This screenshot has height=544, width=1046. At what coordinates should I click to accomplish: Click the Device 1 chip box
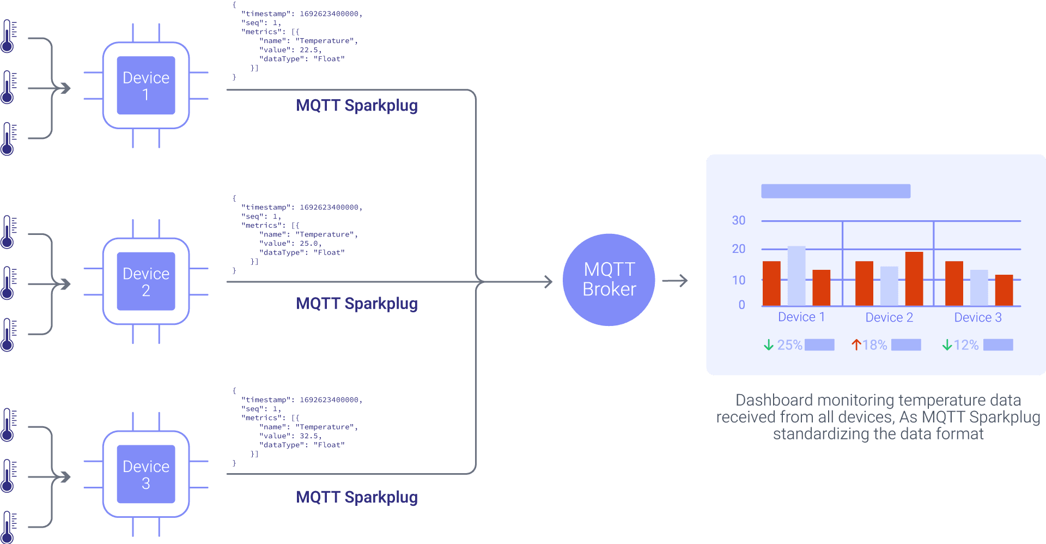pyautogui.click(x=145, y=86)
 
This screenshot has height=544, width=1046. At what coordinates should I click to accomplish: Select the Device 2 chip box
pyautogui.click(x=145, y=281)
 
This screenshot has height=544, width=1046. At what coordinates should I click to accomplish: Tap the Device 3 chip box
pyautogui.click(x=145, y=474)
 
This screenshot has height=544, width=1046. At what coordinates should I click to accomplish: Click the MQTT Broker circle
pyautogui.click(x=609, y=280)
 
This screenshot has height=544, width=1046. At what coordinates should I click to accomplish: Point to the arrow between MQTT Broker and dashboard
pyautogui.click(x=676, y=281)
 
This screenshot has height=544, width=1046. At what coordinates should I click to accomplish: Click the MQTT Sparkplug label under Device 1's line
pyautogui.click(x=357, y=105)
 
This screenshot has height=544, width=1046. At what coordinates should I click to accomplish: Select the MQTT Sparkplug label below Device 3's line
pyautogui.click(x=357, y=497)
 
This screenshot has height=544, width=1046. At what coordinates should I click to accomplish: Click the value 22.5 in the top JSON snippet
pyautogui.click(x=309, y=50)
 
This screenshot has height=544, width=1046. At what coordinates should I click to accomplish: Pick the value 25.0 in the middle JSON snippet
pyautogui.click(x=309, y=244)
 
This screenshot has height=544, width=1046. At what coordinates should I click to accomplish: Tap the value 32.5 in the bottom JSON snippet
pyautogui.click(x=309, y=436)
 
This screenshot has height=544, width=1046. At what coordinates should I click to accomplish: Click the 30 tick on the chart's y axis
pyautogui.click(x=738, y=220)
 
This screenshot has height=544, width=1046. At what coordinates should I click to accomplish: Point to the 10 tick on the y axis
pyautogui.click(x=738, y=280)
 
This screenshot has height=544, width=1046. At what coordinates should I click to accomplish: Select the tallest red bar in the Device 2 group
pyautogui.click(x=914, y=278)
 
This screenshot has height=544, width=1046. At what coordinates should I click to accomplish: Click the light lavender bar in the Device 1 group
pyautogui.click(x=796, y=275)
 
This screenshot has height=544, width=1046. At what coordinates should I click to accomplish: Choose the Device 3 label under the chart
pyautogui.click(x=977, y=317)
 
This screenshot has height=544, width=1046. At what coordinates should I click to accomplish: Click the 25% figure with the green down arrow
pyautogui.click(x=789, y=345)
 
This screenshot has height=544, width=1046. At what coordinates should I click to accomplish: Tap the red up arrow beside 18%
pyautogui.click(x=856, y=345)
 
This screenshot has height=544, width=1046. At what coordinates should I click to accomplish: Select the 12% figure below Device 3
pyautogui.click(x=965, y=345)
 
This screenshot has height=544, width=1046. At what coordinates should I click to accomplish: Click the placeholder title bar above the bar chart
pyautogui.click(x=835, y=191)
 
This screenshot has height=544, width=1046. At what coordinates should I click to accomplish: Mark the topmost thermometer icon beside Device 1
pyautogui.click(x=8, y=36)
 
